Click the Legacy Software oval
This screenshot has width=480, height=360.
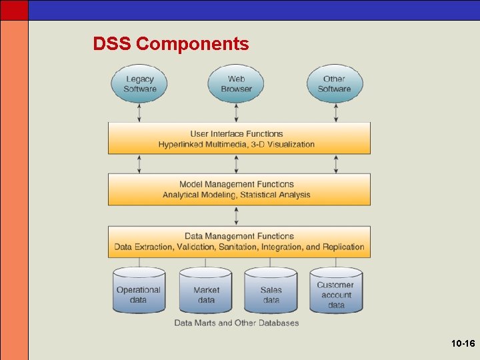point(139,84)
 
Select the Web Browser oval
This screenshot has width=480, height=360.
point(236,84)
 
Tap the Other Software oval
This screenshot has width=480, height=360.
point(335,84)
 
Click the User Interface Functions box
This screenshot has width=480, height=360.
point(239,139)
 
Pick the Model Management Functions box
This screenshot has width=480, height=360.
point(239,189)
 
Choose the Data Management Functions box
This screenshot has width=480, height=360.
point(239,241)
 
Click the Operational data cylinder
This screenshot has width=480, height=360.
point(139,291)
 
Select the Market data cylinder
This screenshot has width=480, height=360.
point(206,291)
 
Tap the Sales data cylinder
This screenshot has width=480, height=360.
point(271,291)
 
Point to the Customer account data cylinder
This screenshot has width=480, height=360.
point(336,291)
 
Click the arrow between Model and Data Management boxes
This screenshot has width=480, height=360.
point(237,215)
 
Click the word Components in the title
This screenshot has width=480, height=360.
point(192,45)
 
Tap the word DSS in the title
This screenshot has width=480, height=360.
point(112,45)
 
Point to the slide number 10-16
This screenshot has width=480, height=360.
point(462,344)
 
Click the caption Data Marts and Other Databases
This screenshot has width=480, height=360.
point(237,323)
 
